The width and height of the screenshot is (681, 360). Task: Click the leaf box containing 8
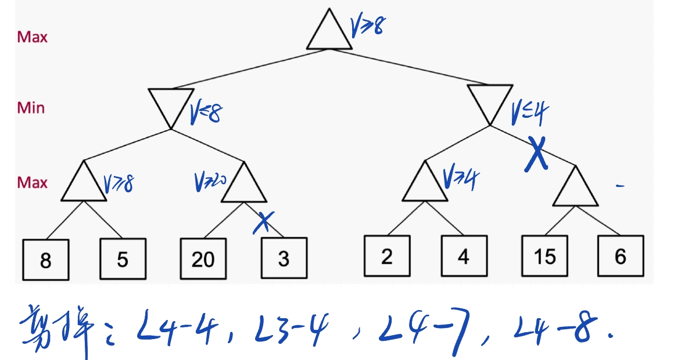(46, 259)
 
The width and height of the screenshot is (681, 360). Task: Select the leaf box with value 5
(122, 259)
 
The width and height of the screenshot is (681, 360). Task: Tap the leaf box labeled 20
(203, 259)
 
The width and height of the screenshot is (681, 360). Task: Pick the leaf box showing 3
(284, 259)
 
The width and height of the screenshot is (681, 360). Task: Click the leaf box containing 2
(387, 255)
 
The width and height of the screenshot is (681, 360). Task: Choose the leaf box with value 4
(463, 255)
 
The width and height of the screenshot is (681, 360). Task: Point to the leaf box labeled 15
(544, 255)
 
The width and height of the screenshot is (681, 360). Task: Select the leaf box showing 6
(621, 255)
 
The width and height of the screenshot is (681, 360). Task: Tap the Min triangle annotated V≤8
(170, 106)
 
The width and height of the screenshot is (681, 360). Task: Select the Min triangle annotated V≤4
(490, 103)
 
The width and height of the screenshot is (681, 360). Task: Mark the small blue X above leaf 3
(264, 221)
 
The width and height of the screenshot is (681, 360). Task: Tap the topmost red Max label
(32, 37)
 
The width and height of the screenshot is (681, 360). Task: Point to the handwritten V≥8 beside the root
(367, 26)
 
